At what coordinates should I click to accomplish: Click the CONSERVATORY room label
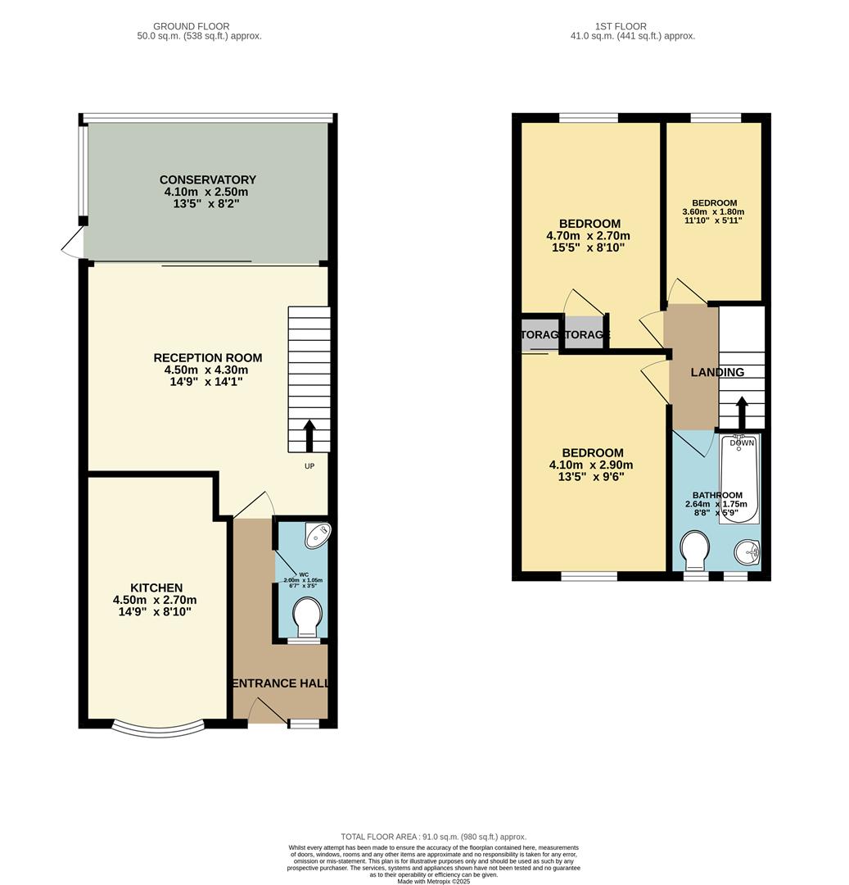pos(207,179)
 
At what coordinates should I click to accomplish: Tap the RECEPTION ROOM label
pos(208,357)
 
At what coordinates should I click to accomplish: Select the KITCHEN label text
pos(156,588)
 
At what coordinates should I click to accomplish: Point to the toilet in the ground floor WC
pos(307,617)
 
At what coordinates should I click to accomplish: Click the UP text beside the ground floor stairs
pos(309,466)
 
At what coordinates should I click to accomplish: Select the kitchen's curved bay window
pos(157,726)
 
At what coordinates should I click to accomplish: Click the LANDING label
pos(717,372)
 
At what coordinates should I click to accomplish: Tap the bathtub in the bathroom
pos(740,480)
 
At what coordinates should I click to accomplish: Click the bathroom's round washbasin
pos(747,553)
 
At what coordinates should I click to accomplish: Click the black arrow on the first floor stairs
pos(742,412)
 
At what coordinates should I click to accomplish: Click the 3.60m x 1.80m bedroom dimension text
pos(713,211)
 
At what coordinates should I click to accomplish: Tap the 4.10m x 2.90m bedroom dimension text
pos(591,465)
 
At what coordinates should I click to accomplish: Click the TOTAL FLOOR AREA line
pos(433,836)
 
